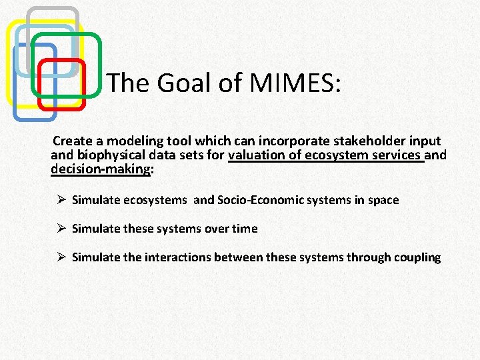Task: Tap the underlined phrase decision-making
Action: click(x=101, y=169)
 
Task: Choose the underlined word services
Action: click(x=399, y=155)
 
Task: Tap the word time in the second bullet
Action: click(x=245, y=229)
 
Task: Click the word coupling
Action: click(x=419, y=257)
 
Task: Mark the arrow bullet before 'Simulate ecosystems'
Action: click(x=60, y=200)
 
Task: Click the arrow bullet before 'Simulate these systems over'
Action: click(x=60, y=229)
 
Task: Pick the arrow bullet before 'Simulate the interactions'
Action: click(x=60, y=257)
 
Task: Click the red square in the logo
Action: click(x=61, y=84)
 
